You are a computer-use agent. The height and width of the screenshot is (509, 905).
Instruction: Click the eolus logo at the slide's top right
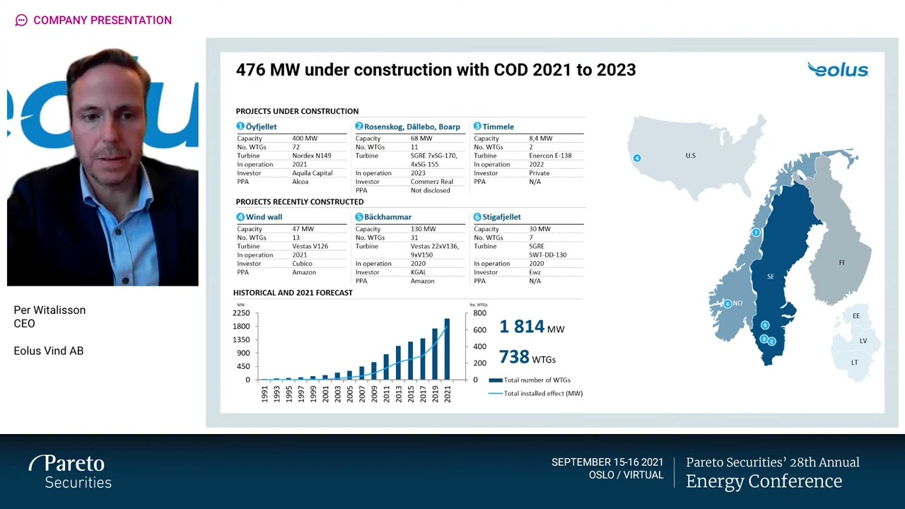pos(838,69)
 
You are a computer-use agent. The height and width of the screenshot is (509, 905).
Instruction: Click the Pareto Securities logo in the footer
pos(71,472)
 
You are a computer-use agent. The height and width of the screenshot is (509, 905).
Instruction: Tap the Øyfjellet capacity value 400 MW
pos(305,139)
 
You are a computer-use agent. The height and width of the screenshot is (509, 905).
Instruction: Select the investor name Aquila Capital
pos(312,173)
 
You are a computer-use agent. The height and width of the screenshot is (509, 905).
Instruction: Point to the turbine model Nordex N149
pos(311,156)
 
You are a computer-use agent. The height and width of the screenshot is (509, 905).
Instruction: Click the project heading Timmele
pos(498,127)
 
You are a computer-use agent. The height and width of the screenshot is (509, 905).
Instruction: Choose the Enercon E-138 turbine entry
pos(550,156)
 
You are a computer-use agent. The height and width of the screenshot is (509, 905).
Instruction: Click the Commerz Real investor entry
pos(431,182)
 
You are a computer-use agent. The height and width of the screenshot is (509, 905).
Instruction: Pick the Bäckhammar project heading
pos(387,217)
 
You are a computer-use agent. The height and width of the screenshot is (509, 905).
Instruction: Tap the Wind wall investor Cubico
pos(302,264)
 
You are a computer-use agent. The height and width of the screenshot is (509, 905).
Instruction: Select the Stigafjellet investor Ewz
pos(535,272)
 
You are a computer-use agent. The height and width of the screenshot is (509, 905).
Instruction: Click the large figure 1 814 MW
pos(531,327)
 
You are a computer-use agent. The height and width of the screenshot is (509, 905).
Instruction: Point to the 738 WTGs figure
pos(527,358)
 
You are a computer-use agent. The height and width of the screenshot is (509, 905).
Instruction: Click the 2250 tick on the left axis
pos(241,313)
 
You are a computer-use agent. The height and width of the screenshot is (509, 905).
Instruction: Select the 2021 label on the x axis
pos(447,394)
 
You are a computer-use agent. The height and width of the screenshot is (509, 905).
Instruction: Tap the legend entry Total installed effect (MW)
pos(542,394)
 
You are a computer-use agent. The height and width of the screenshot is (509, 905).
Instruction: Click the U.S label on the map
pos(690,156)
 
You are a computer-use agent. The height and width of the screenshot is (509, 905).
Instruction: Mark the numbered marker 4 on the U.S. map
pos(637,158)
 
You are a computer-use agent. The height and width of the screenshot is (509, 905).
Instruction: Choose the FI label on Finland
pos(841,262)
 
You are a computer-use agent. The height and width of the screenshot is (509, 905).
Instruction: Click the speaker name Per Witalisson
pos(49,310)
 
